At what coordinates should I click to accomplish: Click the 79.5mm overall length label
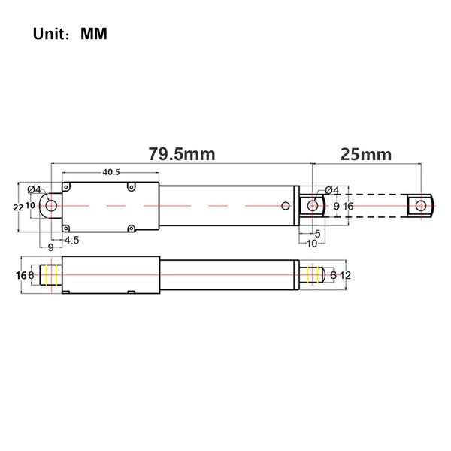coord(182,154)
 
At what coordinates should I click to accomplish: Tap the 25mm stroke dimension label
coord(366,154)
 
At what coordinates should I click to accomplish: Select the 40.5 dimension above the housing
coord(111,172)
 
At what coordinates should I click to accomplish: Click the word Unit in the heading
coord(49,34)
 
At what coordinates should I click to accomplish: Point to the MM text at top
coord(94,34)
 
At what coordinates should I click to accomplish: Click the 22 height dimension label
coord(18,207)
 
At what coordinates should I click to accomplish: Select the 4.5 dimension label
coord(71,240)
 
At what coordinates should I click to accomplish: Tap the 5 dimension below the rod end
coord(317,234)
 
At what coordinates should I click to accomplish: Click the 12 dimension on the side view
coord(346,276)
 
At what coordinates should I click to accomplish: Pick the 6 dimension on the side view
coord(333,275)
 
